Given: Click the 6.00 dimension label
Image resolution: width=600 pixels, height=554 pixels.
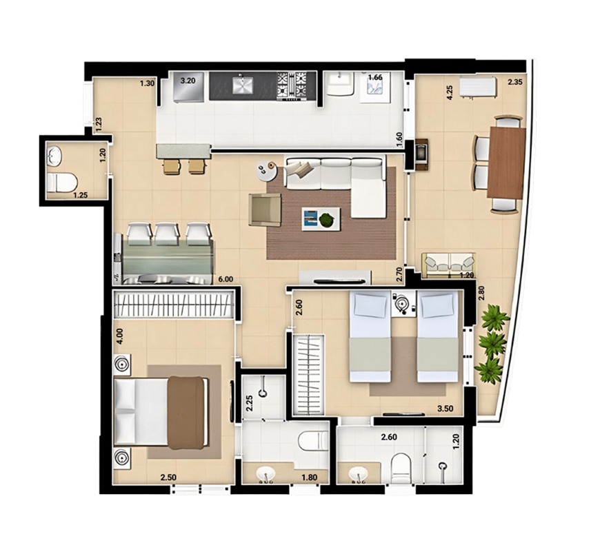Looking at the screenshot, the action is [225, 279].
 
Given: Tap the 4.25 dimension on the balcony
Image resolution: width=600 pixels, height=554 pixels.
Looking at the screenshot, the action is [450, 93].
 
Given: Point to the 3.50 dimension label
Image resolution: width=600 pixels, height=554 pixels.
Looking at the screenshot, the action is [446, 409].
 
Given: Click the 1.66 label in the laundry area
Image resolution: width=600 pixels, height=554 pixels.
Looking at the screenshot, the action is [375, 77].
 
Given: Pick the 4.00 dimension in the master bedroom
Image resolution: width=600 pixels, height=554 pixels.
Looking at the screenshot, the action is [120, 336].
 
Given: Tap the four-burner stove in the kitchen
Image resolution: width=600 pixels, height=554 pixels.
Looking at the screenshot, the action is [292, 85].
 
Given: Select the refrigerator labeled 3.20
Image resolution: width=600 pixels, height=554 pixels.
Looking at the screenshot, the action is [188, 87].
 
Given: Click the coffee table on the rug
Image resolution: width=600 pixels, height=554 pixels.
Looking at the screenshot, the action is [321, 219].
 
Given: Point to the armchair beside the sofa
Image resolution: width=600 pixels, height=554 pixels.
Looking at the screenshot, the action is [265, 209].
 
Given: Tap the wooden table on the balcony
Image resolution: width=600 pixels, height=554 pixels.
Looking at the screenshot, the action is [507, 163].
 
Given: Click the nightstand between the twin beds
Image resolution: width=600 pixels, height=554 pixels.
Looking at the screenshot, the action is [403, 304].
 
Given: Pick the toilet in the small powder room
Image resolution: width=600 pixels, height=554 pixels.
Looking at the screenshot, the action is [62, 183].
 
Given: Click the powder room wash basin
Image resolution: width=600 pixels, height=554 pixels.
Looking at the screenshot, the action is [54, 156].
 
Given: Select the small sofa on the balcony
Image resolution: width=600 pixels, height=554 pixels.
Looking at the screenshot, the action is [448, 265].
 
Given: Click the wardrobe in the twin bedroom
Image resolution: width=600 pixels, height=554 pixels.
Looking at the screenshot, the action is [309, 375].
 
